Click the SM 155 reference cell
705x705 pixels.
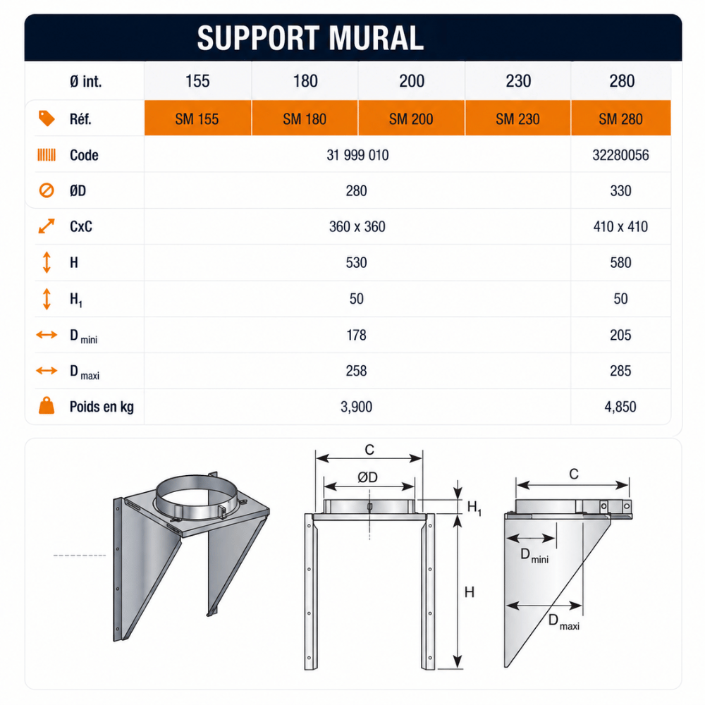[x=197, y=118]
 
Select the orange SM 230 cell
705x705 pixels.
[x=517, y=118]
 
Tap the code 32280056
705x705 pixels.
[x=620, y=155]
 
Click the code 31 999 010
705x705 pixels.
[x=357, y=155]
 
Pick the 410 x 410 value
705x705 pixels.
[x=620, y=226]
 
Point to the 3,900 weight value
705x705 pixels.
[x=356, y=407]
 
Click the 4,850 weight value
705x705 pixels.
[x=620, y=407]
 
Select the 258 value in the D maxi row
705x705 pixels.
[x=356, y=371]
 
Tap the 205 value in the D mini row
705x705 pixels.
[x=620, y=335]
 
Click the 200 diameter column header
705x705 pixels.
[x=412, y=81]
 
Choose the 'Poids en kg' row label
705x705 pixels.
[x=102, y=407]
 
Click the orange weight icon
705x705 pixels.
[x=47, y=405]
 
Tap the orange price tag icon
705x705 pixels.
[x=47, y=118]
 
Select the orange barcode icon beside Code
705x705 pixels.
[x=47, y=155]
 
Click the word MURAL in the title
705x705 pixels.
[x=376, y=38]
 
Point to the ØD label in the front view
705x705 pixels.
[x=367, y=477]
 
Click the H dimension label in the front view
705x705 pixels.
[x=470, y=593]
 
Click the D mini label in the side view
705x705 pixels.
[x=534, y=556]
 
